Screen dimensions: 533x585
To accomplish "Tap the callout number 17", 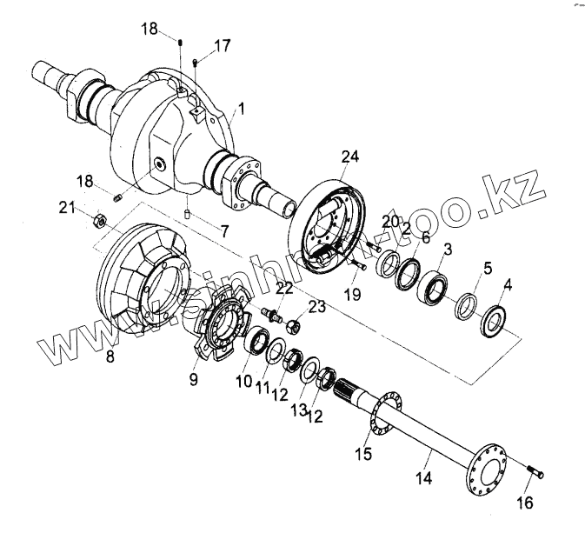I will click(x=223, y=46).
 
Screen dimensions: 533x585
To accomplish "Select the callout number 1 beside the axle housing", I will click(x=241, y=110).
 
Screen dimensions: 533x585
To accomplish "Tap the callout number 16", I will click(x=527, y=503).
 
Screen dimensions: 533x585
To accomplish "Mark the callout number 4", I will click(x=508, y=283).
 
